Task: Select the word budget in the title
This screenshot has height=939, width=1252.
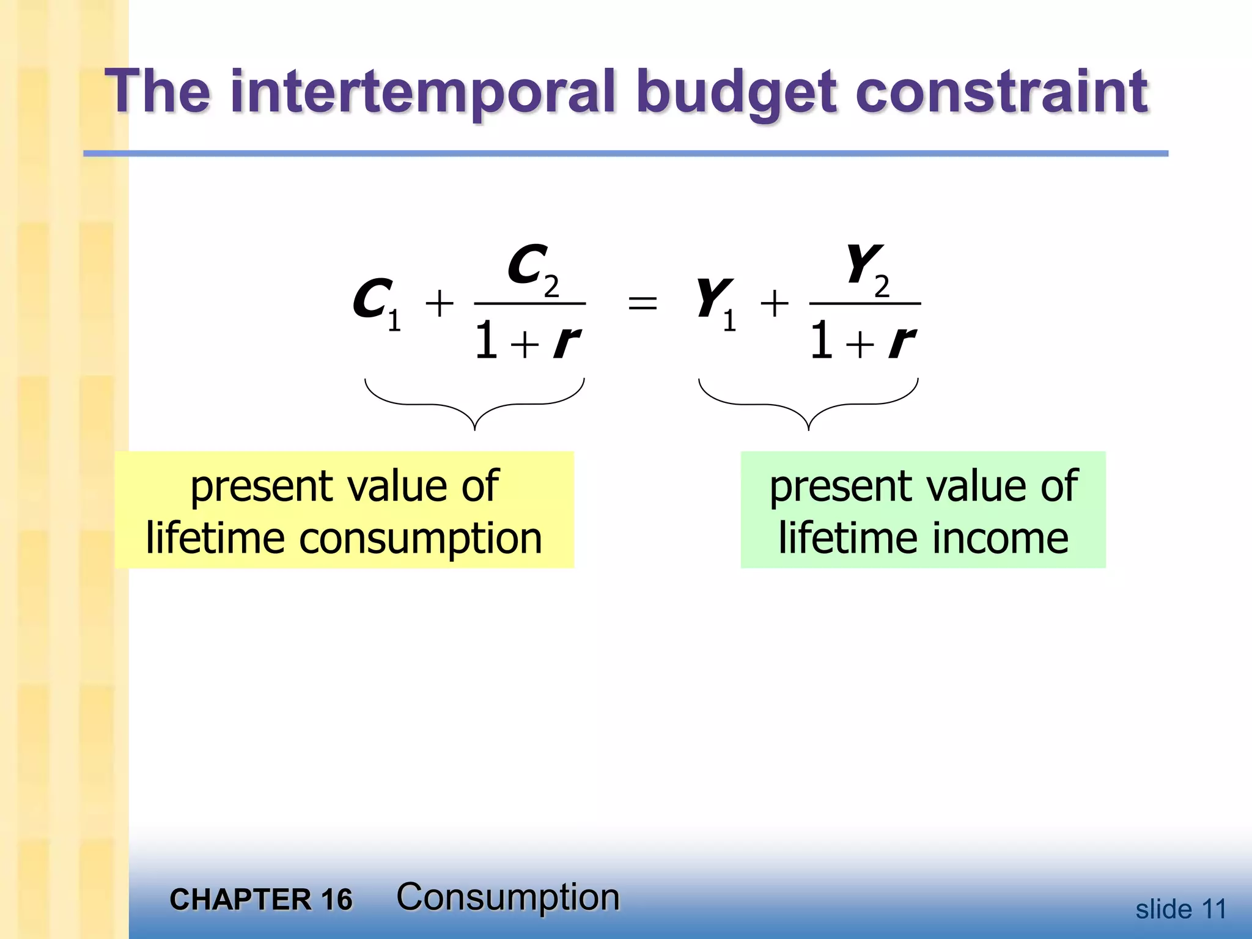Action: [735, 93]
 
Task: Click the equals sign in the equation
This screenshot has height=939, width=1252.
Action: [643, 303]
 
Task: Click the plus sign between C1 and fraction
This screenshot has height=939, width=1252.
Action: [440, 303]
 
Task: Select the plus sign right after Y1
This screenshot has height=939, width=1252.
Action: [775, 303]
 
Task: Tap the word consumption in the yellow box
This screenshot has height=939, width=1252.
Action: [421, 539]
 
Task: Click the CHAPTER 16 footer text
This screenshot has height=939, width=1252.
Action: [261, 899]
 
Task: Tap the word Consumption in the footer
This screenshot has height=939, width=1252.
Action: [507, 897]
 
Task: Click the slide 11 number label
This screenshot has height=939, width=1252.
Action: [1180, 909]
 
